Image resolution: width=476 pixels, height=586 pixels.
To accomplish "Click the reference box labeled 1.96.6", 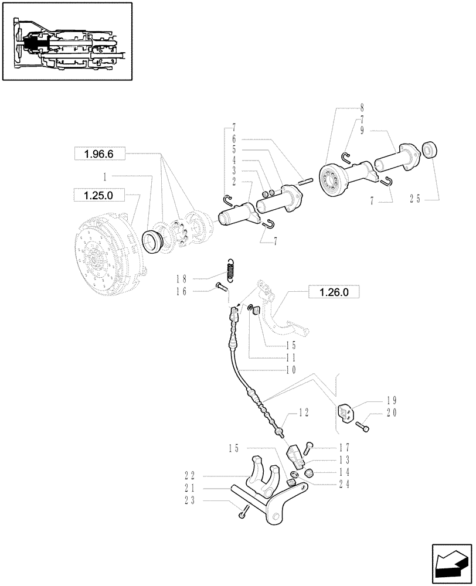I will point(97,154).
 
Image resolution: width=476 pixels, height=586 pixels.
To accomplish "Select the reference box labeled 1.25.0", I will point(97,194).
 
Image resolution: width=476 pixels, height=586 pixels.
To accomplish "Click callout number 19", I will point(392,401).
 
